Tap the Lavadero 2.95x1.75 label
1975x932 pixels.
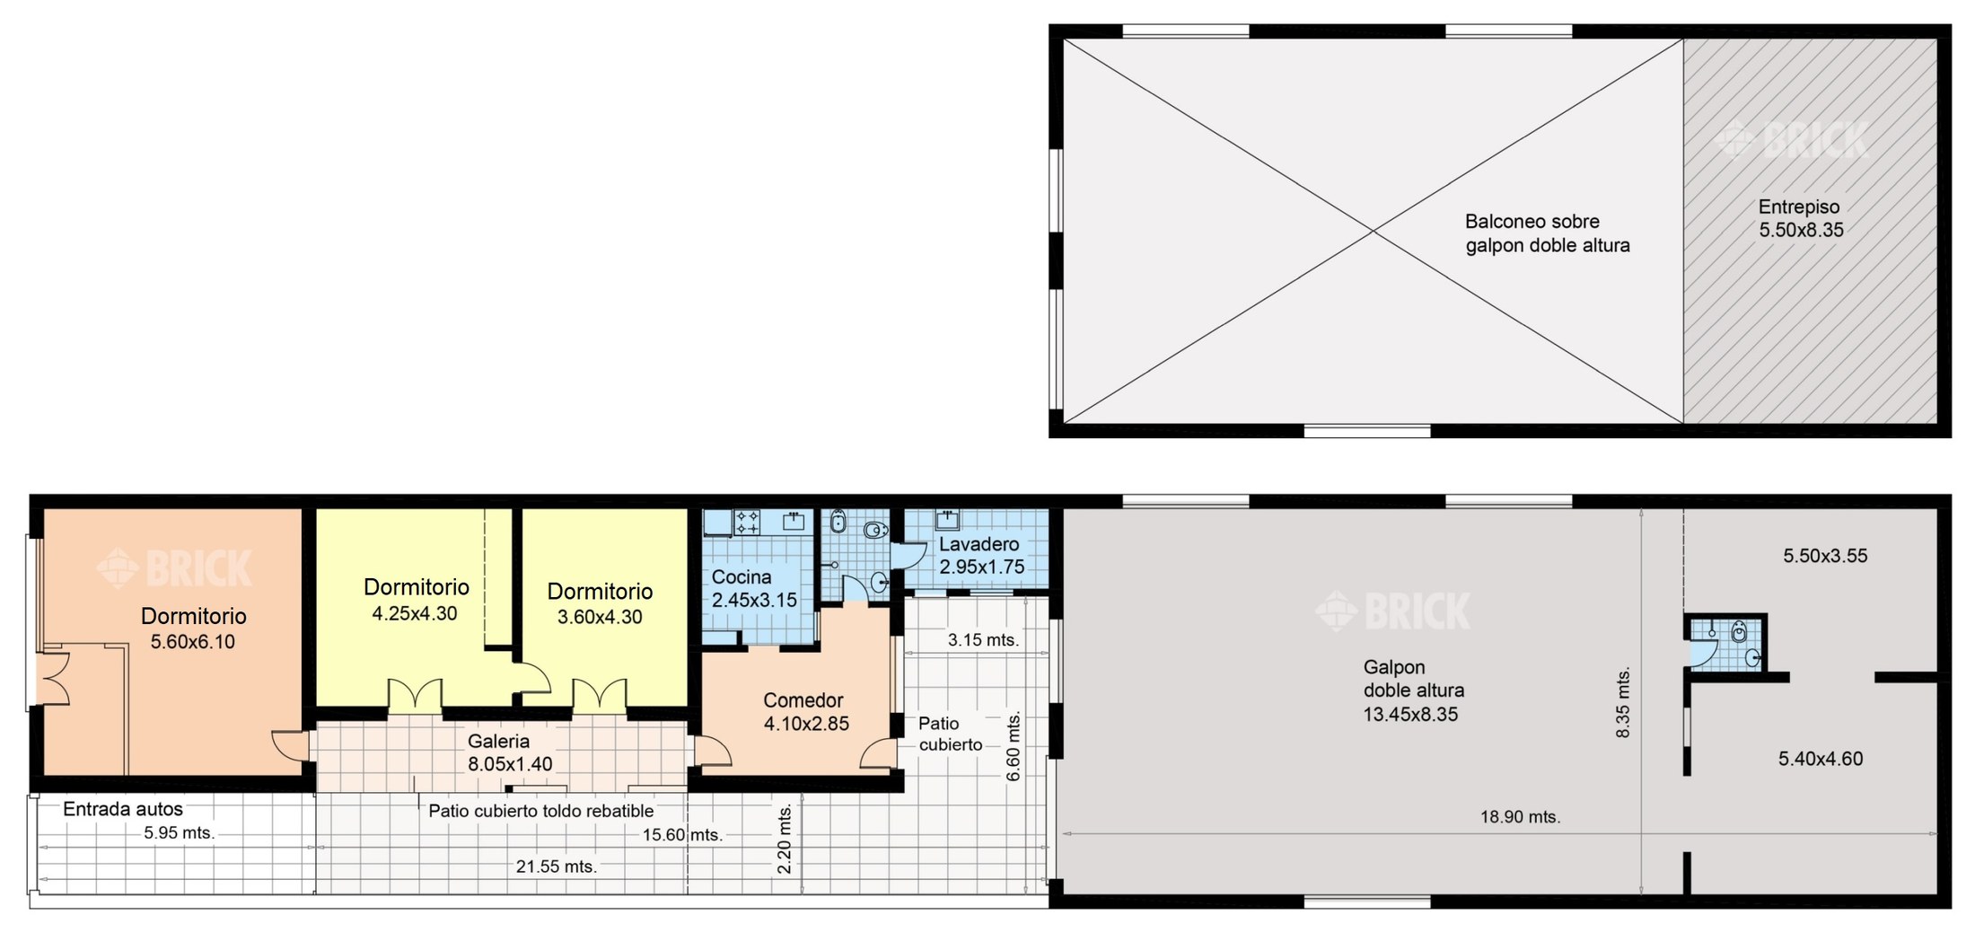point(981,556)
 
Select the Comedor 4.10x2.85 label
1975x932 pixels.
point(805,712)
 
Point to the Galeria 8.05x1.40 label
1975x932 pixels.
point(509,752)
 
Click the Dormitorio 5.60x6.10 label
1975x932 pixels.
point(193,629)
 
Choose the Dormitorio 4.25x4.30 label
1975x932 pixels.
point(416,600)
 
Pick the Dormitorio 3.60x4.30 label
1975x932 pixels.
point(600,603)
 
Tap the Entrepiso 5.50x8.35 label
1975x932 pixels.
point(1801,218)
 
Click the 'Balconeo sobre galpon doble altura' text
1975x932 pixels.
point(1547,233)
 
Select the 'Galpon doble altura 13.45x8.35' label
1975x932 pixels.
point(1413,690)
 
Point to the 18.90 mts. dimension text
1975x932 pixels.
point(1520,817)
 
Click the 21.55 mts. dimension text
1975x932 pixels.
point(556,866)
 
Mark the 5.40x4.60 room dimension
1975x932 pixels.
point(1820,759)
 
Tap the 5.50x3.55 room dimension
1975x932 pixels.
point(1825,556)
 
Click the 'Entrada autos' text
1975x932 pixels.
point(123,809)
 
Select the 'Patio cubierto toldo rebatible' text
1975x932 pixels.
point(540,811)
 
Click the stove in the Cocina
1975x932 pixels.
point(748,522)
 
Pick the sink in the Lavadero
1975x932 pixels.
point(948,520)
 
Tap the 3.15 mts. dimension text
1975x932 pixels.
point(983,640)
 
